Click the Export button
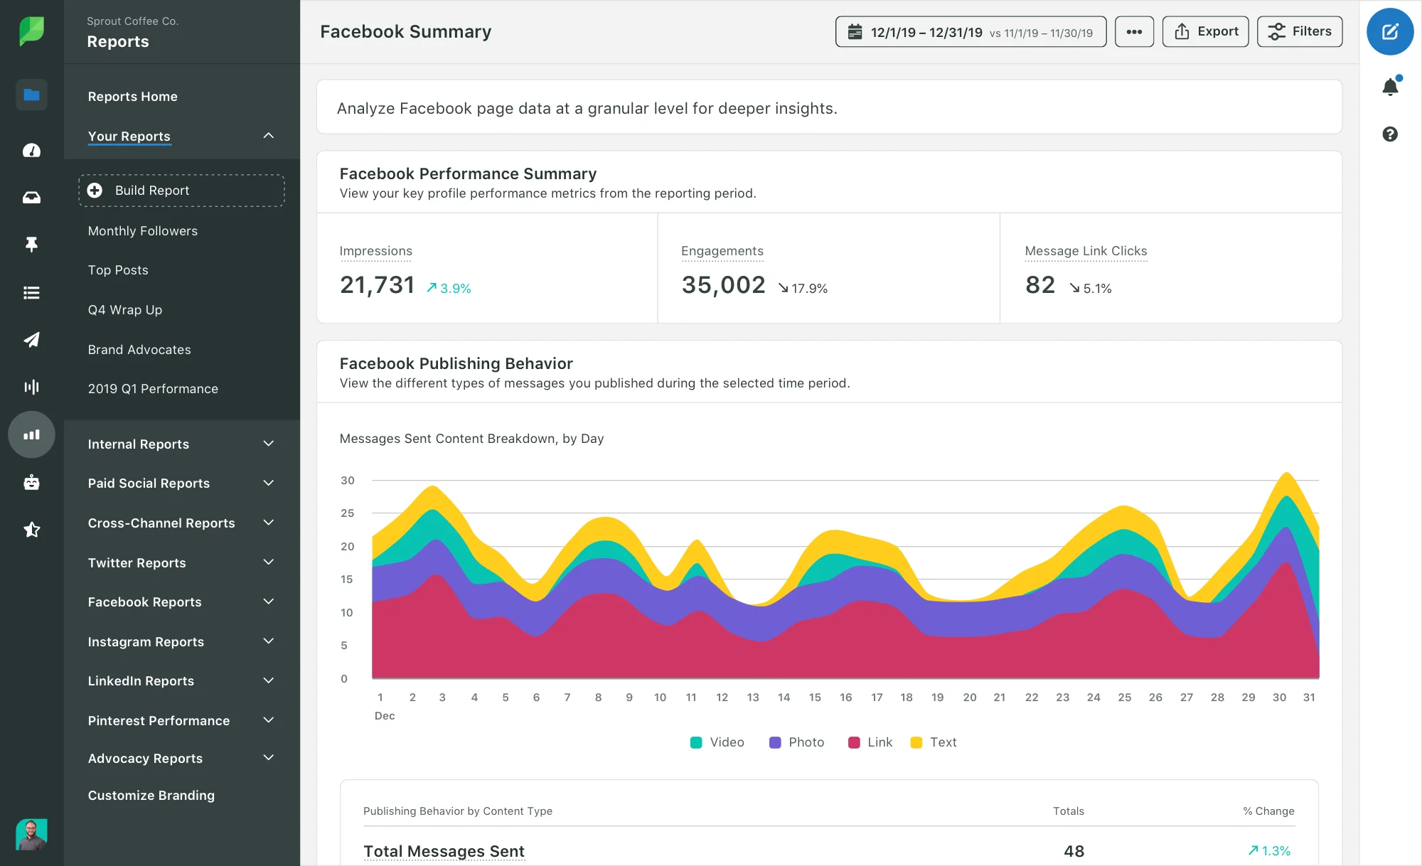(x=1205, y=31)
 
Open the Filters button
(x=1299, y=31)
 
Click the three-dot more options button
(x=1134, y=31)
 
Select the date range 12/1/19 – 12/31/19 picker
(x=971, y=32)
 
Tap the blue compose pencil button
(x=1389, y=31)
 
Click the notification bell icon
(x=1390, y=87)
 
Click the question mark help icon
(x=1390, y=134)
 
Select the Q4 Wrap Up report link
(x=125, y=310)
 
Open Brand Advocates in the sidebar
(x=139, y=350)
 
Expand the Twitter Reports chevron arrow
(x=268, y=562)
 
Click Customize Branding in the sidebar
(x=151, y=796)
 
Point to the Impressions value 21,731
(x=377, y=285)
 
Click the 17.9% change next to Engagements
(x=803, y=288)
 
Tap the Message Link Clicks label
(x=1086, y=251)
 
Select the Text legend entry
(x=934, y=742)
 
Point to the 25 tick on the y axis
(x=347, y=513)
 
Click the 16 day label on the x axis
(x=845, y=697)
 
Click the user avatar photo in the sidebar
(x=31, y=834)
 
